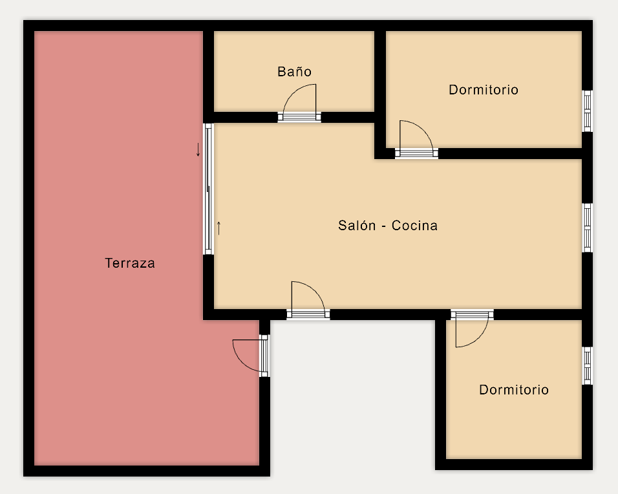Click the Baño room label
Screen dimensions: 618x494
pyautogui.click(x=294, y=71)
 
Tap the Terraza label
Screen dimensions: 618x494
pyautogui.click(x=130, y=263)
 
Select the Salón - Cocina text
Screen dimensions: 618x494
pyautogui.click(x=388, y=225)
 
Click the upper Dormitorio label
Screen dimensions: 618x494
pyautogui.click(x=483, y=89)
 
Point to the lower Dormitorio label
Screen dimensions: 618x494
pyautogui.click(x=513, y=389)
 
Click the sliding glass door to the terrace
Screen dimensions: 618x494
pyautogui.click(x=208, y=189)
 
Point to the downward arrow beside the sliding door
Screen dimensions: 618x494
pyautogui.click(x=198, y=150)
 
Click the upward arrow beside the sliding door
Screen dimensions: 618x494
pyautogui.click(x=218, y=228)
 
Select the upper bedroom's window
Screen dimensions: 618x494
pyautogui.click(x=587, y=111)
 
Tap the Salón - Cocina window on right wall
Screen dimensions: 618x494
pyautogui.click(x=587, y=228)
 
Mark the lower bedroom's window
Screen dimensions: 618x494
pyautogui.click(x=587, y=366)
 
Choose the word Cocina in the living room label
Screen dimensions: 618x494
pyautogui.click(x=414, y=225)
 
